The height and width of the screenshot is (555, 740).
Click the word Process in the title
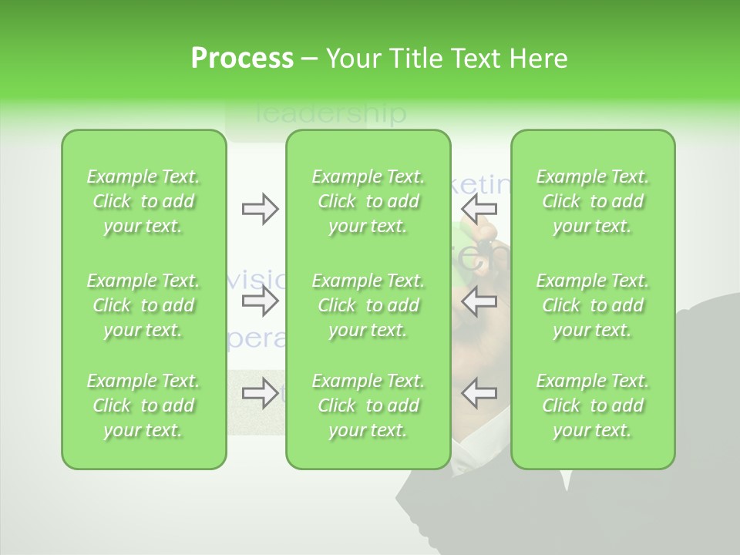point(242,59)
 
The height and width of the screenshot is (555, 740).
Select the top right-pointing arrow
point(261,209)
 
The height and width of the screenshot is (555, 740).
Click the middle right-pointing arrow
point(261,301)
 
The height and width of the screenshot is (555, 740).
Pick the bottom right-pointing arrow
point(261,393)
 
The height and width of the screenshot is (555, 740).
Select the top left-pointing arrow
point(479,209)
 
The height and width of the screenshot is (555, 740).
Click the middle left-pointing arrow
point(479,301)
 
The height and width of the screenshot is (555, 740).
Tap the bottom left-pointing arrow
point(479,393)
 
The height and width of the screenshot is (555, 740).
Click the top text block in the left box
point(143,201)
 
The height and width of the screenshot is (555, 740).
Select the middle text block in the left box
point(143,305)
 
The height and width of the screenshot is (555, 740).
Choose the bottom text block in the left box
point(143,405)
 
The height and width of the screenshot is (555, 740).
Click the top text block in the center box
point(368,201)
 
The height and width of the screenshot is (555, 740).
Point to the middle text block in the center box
point(368,305)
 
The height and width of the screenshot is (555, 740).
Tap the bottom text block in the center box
point(368,405)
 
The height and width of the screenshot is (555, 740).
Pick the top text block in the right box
point(593,201)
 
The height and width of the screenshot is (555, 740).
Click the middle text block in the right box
point(593,305)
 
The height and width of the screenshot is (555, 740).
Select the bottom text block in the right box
point(593,405)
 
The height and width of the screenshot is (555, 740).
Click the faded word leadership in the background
point(330,114)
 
